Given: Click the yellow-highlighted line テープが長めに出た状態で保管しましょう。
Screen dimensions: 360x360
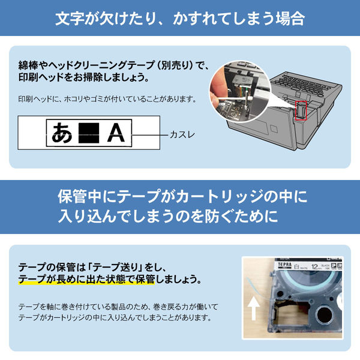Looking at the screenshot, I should pos(110,280).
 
